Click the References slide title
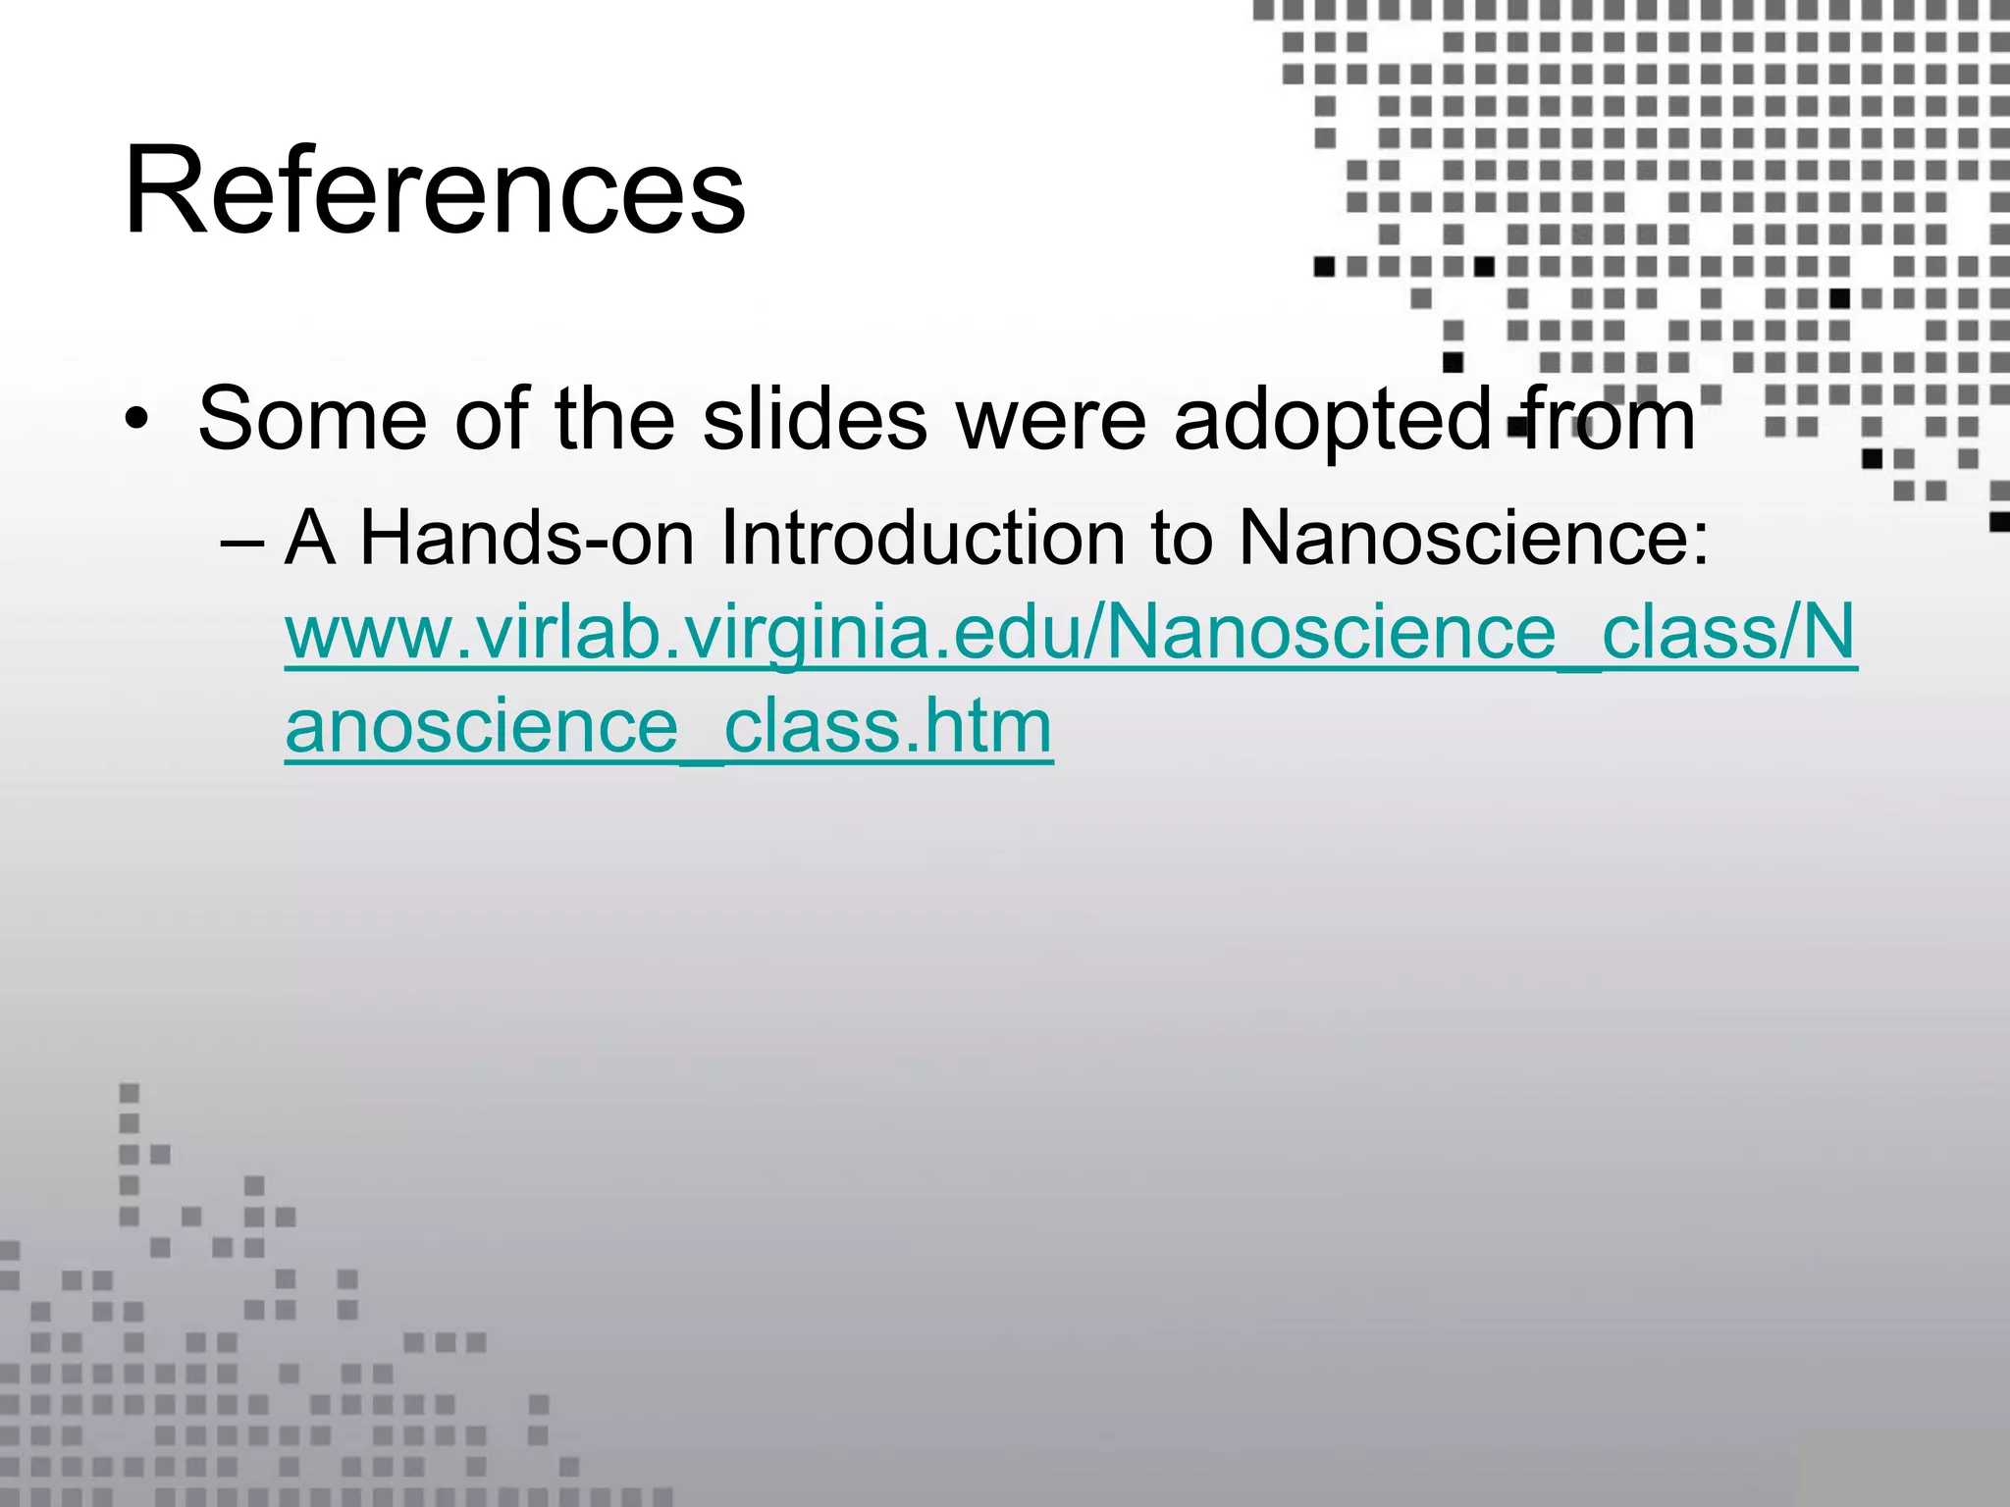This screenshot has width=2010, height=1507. point(435,190)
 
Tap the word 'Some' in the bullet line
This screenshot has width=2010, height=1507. point(312,420)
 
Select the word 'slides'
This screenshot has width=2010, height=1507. point(815,420)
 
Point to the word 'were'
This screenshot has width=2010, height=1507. point(1051,420)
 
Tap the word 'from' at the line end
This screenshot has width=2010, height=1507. point(1610,420)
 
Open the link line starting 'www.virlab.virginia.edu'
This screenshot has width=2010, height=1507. point(1070,634)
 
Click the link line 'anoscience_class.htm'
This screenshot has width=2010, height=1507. point(668,727)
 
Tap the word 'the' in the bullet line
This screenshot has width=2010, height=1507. point(614,420)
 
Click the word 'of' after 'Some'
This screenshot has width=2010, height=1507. point(492,420)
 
